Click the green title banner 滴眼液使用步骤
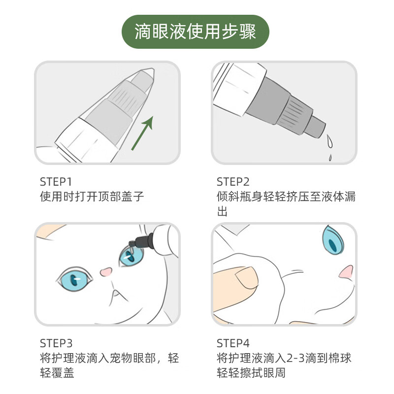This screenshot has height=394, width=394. point(195,32)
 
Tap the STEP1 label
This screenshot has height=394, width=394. point(56,182)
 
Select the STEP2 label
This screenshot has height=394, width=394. point(233,182)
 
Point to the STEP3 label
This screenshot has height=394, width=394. point(56,343)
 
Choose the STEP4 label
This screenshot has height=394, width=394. point(233,343)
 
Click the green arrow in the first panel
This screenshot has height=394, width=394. point(142,133)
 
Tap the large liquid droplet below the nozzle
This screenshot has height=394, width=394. point(329,141)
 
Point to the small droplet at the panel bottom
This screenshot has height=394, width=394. point(330,158)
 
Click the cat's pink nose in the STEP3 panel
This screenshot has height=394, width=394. point(106,272)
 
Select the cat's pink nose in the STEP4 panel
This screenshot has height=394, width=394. point(346,272)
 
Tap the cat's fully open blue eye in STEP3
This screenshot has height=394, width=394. point(74,279)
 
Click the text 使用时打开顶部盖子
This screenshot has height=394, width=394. point(92,197)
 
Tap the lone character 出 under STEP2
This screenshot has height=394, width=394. point(222,211)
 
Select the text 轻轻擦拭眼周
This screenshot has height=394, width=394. point(251,373)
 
